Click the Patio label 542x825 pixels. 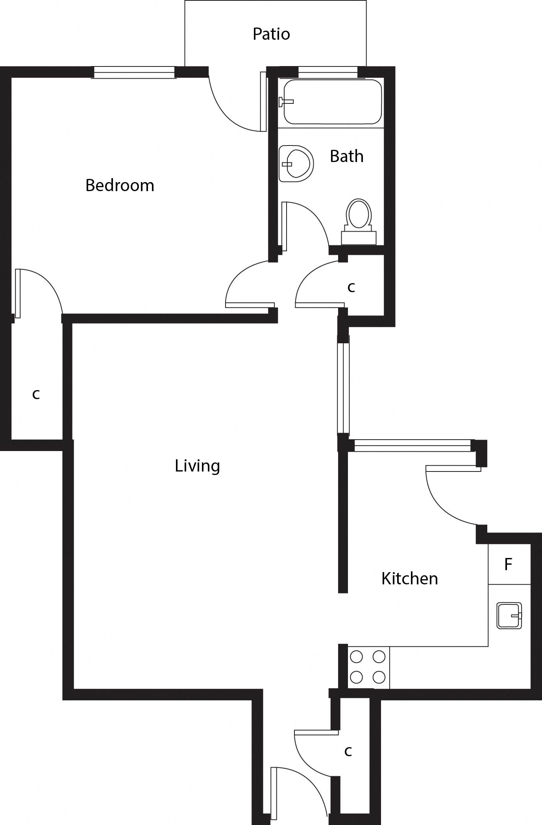[271, 34]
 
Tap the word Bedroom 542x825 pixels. [120, 185]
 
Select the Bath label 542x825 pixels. [346, 156]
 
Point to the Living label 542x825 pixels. [197, 466]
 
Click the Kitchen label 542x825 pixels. [410, 579]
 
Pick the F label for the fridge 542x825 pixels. [508, 564]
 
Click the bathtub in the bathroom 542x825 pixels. [333, 102]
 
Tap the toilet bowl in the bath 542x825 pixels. [359, 214]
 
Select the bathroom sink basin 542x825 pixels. [296, 164]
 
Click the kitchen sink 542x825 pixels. [509, 615]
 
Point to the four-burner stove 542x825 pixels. [368, 667]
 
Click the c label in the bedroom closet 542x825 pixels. [36, 394]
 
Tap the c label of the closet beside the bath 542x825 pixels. [351, 287]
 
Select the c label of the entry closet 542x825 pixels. [348, 751]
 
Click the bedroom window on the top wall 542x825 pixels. [134, 72]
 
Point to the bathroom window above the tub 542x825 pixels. [328, 72]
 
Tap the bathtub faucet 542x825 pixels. [285, 102]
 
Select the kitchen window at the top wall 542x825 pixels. [413, 446]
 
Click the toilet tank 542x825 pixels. [359, 238]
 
